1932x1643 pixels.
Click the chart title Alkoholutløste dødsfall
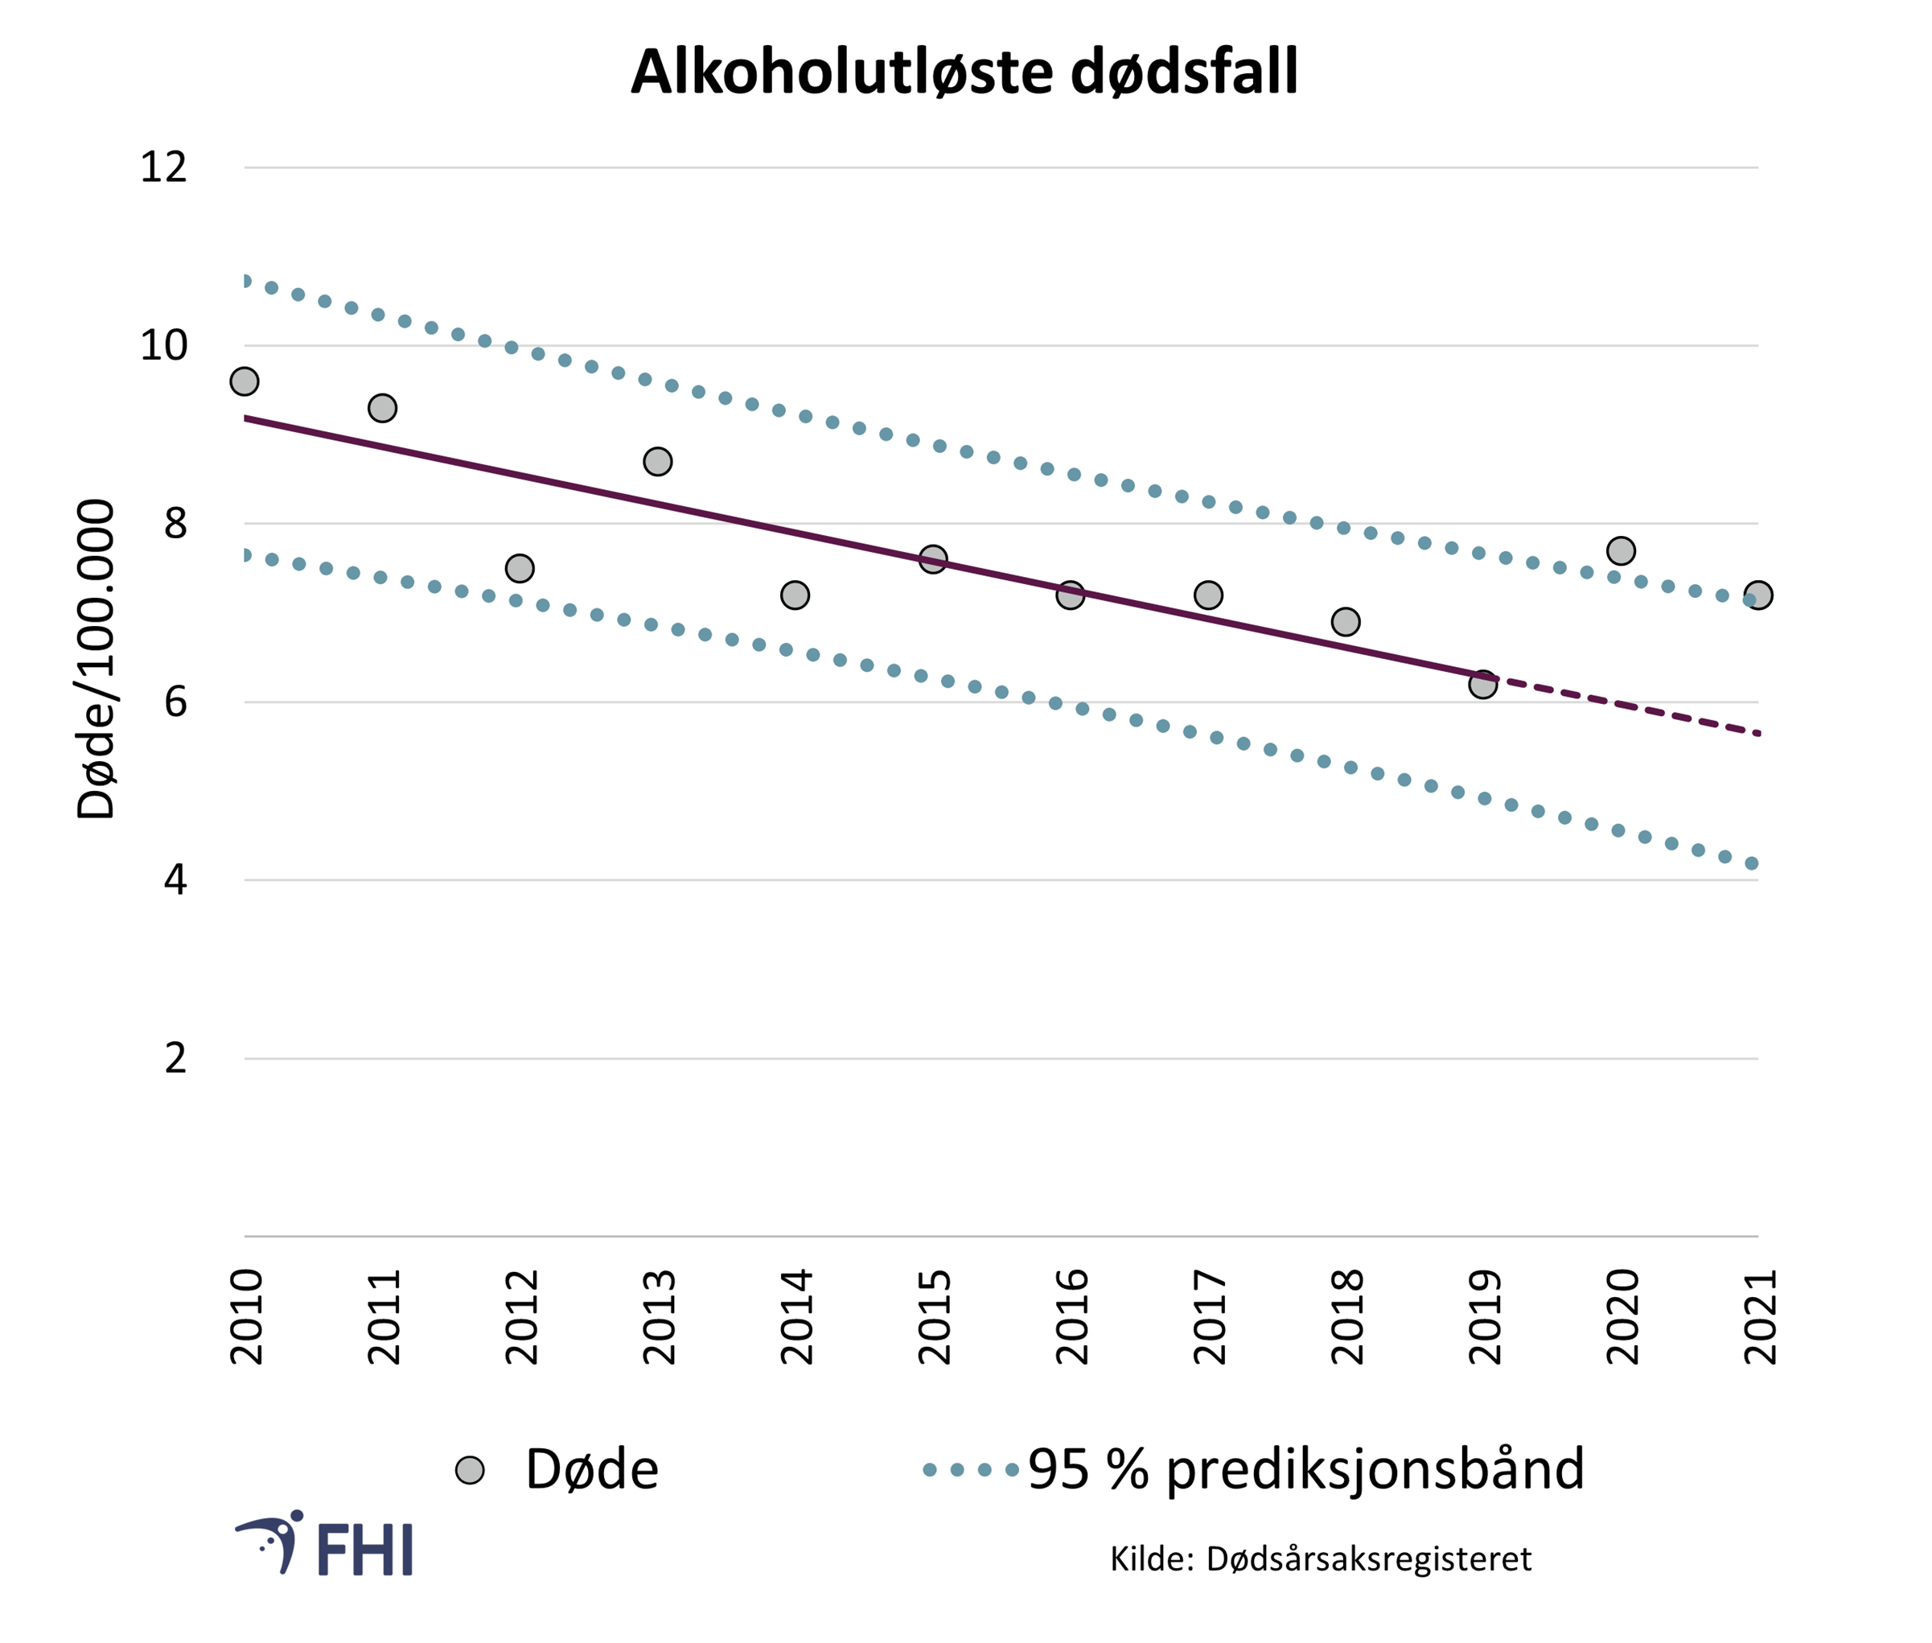tap(964, 72)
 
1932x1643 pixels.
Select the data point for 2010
tap(244, 381)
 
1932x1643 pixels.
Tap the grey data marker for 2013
tap(657, 461)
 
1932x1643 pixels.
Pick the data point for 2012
tap(520, 568)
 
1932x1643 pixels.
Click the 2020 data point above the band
tap(1621, 550)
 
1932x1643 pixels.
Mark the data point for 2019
tap(1483, 684)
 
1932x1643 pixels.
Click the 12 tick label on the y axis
tap(163, 167)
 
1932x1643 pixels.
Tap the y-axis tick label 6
tap(175, 702)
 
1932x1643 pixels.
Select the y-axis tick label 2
tap(175, 1058)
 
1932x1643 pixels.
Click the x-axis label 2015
tap(934, 1316)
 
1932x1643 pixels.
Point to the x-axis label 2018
tap(1346, 1316)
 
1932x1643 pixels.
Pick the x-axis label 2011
tap(384, 1316)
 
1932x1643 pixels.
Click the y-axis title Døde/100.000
tap(96, 658)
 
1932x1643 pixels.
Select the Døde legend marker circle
tap(469, 1470)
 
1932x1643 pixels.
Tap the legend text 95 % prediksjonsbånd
tap(1306, 1470)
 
